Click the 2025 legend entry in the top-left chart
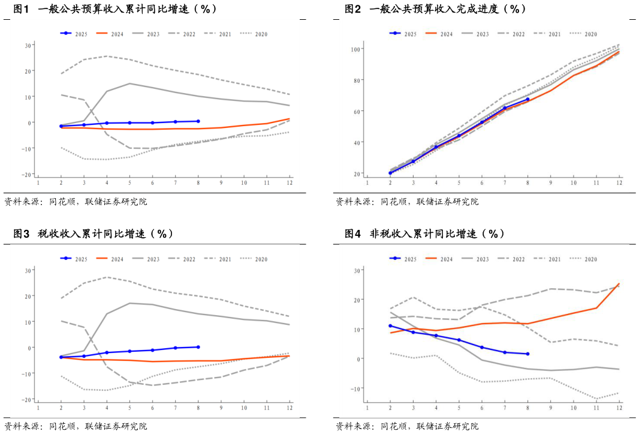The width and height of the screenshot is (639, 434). pyautogui.click(x=74, y=34)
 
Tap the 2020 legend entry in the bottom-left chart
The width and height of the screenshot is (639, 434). pyautogui.click(x=254, y=259)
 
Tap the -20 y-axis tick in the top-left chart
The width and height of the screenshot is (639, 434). pyautogui.click(x=28, y=175)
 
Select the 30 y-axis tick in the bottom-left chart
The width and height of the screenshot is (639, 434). pyautogui.click(x=28, y=270)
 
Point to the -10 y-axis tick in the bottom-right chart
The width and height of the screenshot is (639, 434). pyautogui.click(x=356, y=388)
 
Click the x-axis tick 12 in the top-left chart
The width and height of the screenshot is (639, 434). pyautogui.click(x=290, y=182)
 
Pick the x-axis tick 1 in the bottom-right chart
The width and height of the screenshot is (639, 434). pyautogui.click(x=367, y=408)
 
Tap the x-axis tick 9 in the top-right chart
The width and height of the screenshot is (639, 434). pyautogui.click(x=551, y=182)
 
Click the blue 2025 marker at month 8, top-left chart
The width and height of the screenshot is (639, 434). pyautogui.click(x=198, y=121)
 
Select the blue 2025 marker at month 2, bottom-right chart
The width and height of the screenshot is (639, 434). pyautogui.click(x=390, y=326)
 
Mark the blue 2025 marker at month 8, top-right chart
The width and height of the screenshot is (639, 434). pyautogui.click(x=528, y=100)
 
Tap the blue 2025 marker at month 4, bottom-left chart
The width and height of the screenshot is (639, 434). pyautogui.click(x=107, y=353)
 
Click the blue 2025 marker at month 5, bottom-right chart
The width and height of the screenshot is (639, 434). pyautogui.click(x=459, y=340)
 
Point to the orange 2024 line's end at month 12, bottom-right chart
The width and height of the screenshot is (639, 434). pyautogui.click(x=619, y=284)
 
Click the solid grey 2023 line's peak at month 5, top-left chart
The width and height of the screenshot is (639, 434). pyautogui.click(x=129, y=83)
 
